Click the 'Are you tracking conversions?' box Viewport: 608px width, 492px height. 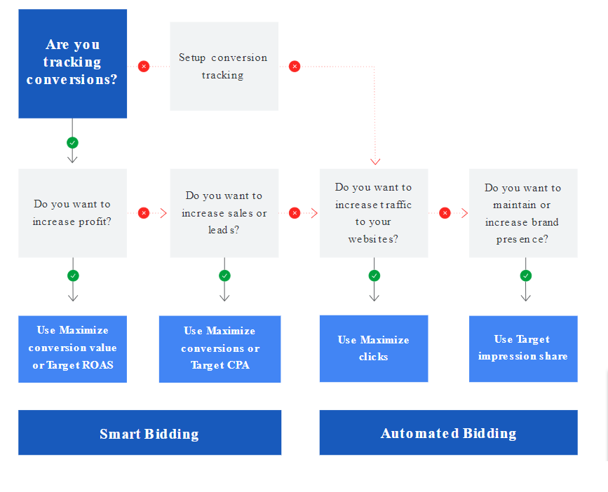pyautogui.click(x=72, y=64)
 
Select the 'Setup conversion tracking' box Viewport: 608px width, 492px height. pyautogui.click(x=224, y=67)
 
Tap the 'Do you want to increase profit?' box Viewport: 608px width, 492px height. pyautogui.click(x=72, y=213)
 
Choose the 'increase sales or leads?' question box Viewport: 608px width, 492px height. pyautogui.click(x=224, y=213)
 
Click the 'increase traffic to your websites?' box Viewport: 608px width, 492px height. pyautogui.click(x=374, y=213)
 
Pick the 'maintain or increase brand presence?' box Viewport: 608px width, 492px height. pyautogui.click(x=523, y=213)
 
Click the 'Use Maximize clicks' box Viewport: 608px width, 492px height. pyautogui.click(x=374, y=348)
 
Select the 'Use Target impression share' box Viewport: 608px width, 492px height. pyautogui.click(x=523, y=348)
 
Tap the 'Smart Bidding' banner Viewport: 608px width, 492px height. pyautogui.click(x=149, y=432)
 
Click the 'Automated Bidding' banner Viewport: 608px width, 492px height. pyautogui.click(x=449, y=432)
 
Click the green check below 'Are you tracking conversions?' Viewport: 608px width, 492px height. pyautogui.click(x=72, y=143)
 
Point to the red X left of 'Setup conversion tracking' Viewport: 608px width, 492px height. pyautogui.click(x=144, y=67)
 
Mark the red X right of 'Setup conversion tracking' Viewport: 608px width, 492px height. pyautogui.click(x=295, y=67)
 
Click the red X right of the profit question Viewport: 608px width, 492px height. pyautogui.click(x=144, y=212)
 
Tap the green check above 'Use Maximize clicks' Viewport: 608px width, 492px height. pyautogui.click(x=374, y=276)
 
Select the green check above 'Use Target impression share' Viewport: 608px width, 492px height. pyautogui.click(x=526, y=276)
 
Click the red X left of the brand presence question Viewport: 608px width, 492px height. pyautogui.click(x=445, y=212)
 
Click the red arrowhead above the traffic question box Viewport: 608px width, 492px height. pyautogui.click(x=375, y=162)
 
